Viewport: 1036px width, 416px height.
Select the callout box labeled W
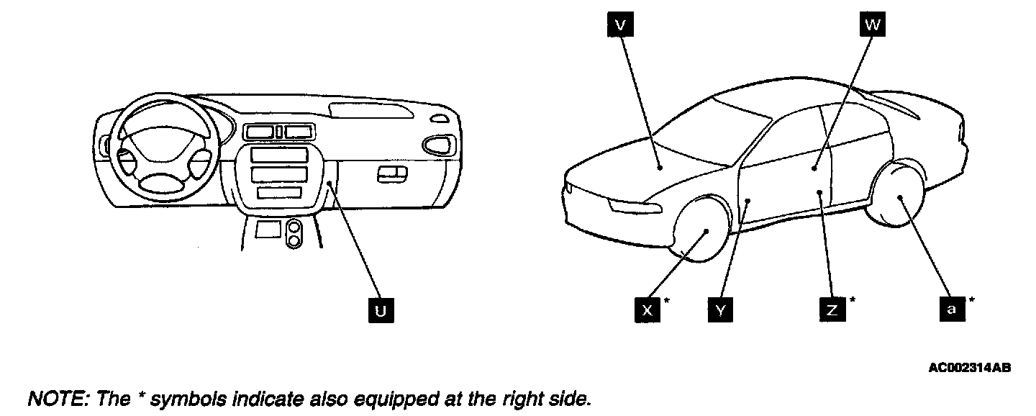tap(871, 25)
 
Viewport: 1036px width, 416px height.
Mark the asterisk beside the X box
tap(667, 300)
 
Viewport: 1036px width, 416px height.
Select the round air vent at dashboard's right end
tap(435, 145)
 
